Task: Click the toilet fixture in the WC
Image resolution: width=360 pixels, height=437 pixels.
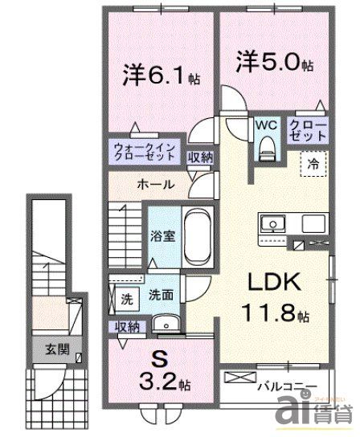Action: point(267,145)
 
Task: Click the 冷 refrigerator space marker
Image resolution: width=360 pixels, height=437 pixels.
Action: point(313,163)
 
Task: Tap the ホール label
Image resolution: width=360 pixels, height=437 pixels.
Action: point(155,184)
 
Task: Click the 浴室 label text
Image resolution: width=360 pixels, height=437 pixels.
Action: point(158,237)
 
